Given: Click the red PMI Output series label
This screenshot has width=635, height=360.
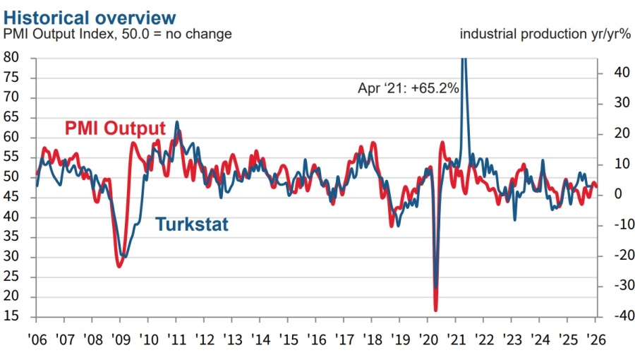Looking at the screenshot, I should pyautogui.click(x=115, y=128).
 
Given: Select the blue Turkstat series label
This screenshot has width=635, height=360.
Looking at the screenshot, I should pyautogui.click(x=191, y=224).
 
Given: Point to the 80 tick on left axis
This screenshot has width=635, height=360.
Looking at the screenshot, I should pyautogui.click(x=11, y=58).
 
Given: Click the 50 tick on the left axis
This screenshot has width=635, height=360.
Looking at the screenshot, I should pyautogui.click(x=11, y=177).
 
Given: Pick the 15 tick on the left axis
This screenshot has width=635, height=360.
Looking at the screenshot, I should pyautogui.click(x=11, y=317).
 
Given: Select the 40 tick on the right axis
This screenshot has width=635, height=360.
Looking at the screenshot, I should pyautogui.click(x=611, y=73).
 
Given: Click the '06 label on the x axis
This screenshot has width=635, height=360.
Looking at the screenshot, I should pyautogui.click(x=36, y=338).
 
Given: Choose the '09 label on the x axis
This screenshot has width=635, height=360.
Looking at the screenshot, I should pyautogui.click(x=120, y=338).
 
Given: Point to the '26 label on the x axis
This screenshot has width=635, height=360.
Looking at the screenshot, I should pyautogui.click(x=595, y=338).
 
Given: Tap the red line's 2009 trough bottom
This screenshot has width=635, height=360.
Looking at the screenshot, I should pyautogui.click(x=119, y=266).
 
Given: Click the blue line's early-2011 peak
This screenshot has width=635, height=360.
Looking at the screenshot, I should pyautogui.click(x=176, y=122).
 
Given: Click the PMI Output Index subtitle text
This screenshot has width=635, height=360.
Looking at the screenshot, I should pyautogui.click(x=118, y=33).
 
